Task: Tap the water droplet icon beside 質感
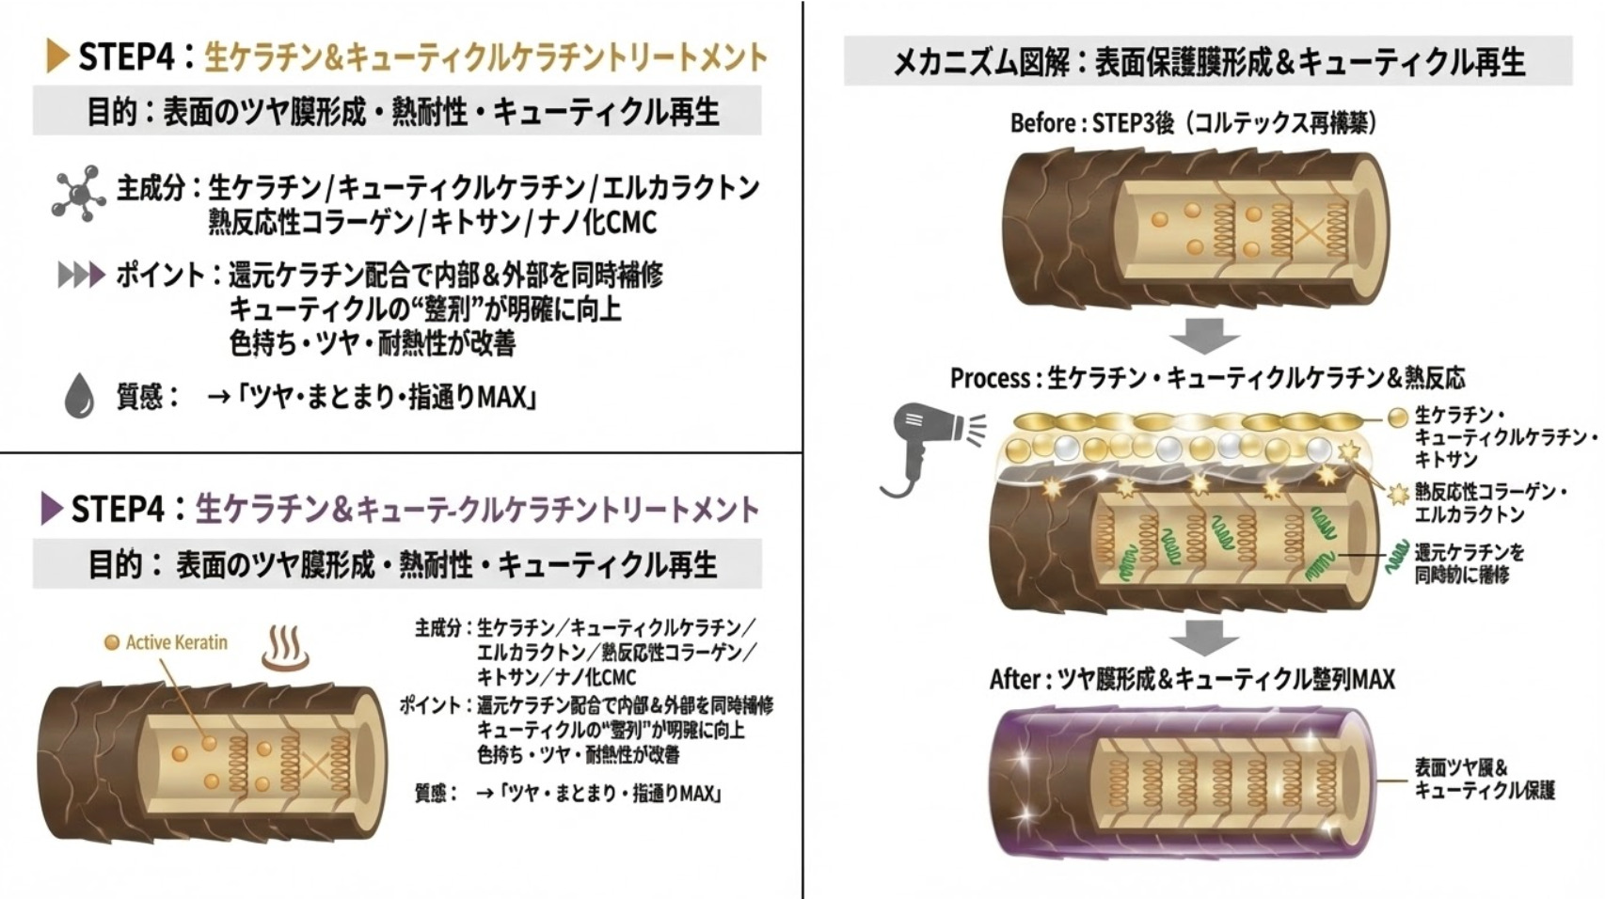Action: point(79,396)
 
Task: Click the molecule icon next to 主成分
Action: point(78,194)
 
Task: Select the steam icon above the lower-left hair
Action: point(285,648)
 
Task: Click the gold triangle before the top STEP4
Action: point(57,56)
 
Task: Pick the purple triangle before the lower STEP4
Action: point(52,509)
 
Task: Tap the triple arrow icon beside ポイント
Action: point(81,276)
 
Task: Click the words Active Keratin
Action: point(177,642)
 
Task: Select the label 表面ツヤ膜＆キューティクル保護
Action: point(1485,779)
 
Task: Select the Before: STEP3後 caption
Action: point(1192,123)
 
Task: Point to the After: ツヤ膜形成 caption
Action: point(1191,679)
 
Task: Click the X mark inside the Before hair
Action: point(1305,229)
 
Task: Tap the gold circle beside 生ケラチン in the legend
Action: point(1398,417)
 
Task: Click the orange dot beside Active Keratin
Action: point(112,642)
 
